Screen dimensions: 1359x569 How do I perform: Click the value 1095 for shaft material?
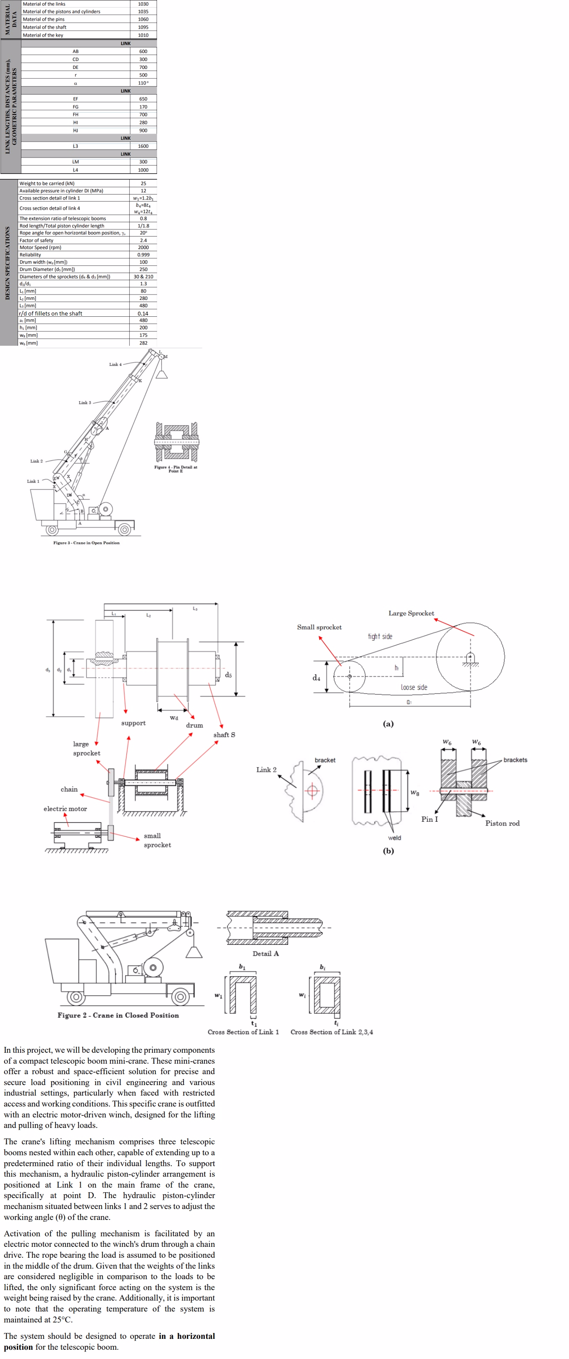click(x=143, y=27)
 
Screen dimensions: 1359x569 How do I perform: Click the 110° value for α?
click(x=143, y=83)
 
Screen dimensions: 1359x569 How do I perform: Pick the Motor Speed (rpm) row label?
click(x=41, y=247)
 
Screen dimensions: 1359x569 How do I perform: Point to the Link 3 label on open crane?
click(x=84, y=402)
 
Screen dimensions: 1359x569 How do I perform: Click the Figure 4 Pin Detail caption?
click(x=176, y=469)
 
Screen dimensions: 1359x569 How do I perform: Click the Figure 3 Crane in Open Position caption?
click(x=86, y=543)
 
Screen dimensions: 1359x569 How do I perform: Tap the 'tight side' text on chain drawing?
click(x=380, y=637)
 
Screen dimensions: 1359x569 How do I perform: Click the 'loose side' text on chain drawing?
click(x=414, y=687)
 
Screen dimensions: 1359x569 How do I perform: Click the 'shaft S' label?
click(x=224, y=735)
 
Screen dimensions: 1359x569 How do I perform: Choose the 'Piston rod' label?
click(x=502, y=823)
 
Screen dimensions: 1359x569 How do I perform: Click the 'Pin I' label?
click(x=429, y=819)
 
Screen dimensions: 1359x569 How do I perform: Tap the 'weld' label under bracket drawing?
click(x=394, y=838)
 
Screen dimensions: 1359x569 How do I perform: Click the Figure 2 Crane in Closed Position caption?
click(x=118, y=1015)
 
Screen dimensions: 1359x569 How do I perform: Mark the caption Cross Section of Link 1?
click(x=243, y=1032)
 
